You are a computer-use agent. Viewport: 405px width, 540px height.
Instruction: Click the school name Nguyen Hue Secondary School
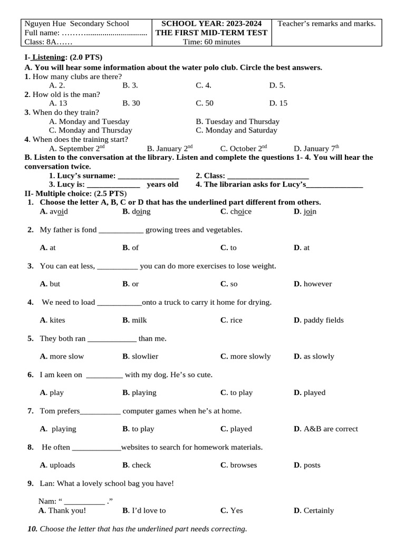(77, 24)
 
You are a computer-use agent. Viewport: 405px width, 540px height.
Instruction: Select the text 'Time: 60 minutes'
(211, 42)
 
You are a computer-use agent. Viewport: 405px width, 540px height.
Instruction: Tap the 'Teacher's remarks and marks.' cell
(326, 24)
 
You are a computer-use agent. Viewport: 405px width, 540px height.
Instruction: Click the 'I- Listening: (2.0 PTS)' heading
(63, 57)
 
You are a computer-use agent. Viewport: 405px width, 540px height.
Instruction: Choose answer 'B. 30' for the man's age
(131, 103)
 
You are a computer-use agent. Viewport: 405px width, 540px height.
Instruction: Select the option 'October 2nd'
(244, 149)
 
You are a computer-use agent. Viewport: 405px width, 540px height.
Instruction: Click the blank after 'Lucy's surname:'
(149, 176)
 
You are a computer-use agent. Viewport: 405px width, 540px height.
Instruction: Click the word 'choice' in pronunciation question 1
(240, 212)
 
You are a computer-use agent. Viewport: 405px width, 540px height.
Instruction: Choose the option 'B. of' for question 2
(131, 248)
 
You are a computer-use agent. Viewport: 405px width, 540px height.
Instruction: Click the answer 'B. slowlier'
(140, 356)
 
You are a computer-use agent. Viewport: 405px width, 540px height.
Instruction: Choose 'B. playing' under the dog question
(139, 393)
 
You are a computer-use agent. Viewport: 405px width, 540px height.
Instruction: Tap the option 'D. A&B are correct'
(325, 429)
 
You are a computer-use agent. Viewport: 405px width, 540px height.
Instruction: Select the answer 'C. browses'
(239, 466)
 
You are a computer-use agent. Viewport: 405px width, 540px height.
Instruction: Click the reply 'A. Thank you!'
(62, 510)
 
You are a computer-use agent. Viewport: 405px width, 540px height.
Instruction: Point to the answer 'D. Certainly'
(314, 510)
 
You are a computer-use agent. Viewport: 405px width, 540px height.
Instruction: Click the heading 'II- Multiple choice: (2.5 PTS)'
(75, 194)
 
